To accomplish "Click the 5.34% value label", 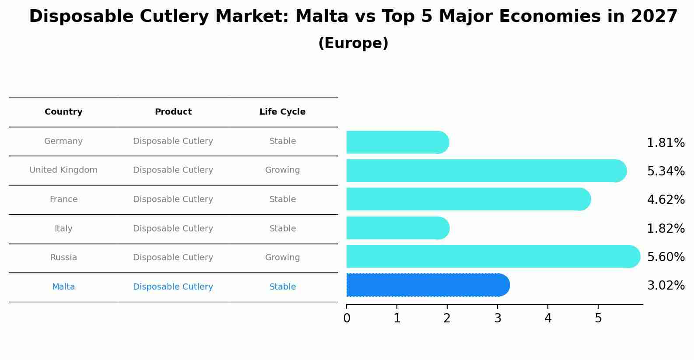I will (666, 171).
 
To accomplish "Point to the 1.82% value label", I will (666, 229).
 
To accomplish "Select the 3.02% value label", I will (666, 286).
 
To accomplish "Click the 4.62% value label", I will (666, 200).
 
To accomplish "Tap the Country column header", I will (63, 112).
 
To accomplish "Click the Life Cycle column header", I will (282, 112).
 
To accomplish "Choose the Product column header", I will (173, 112).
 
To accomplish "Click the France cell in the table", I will (63, 199).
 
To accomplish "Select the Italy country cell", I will (63, 229).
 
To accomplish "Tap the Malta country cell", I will (63, 287).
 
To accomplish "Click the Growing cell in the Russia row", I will (282, 258).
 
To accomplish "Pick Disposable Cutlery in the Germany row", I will (173, 141).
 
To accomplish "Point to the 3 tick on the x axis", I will (498, 318).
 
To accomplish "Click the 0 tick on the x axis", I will (347, 318).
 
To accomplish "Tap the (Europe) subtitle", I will (353, 43).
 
